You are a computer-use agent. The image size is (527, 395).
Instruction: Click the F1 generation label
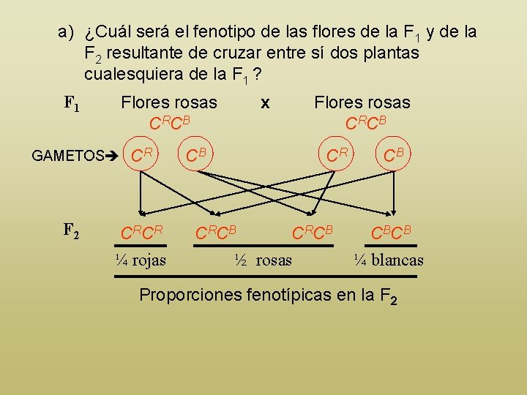(72, 104)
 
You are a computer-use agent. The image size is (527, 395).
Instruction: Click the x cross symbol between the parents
(265, 104)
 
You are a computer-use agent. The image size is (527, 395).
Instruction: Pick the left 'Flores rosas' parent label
(169, 103)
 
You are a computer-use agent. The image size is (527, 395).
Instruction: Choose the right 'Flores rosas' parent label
(362, 103)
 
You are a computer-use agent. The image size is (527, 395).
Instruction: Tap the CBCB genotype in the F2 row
(391, 234)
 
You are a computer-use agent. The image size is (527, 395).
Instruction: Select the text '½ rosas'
(263, 260)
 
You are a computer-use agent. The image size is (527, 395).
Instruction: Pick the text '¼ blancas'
(388, 260)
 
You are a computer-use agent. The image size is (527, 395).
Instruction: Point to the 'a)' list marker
(67, 32)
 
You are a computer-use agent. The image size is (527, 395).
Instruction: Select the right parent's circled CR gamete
(337, 154)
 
